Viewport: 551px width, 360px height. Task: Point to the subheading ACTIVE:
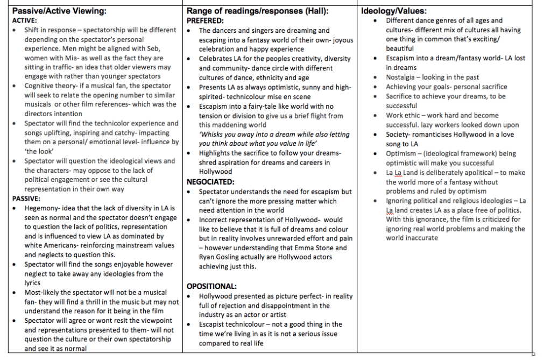pyautogui.click(x=25, y=20)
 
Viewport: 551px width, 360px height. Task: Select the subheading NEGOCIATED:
pyautogui.click(x=211, y=182)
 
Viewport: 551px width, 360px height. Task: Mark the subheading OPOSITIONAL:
pyautogui.click(x=211, y=286)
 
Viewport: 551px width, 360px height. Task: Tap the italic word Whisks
pyautogui.click(x=210, y=135)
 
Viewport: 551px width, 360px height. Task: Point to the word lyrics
pyautogui.click(x=34, y=283)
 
